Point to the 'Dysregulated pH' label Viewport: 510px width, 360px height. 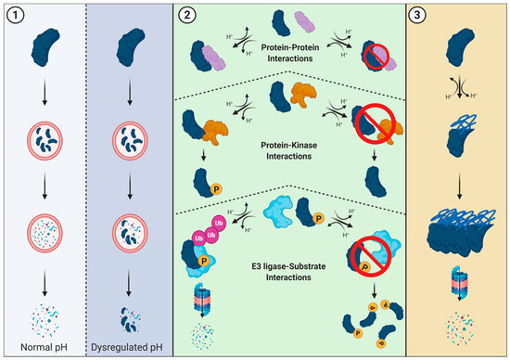[x=130, y=347]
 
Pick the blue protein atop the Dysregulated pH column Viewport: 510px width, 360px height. [x=130, y=41]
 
